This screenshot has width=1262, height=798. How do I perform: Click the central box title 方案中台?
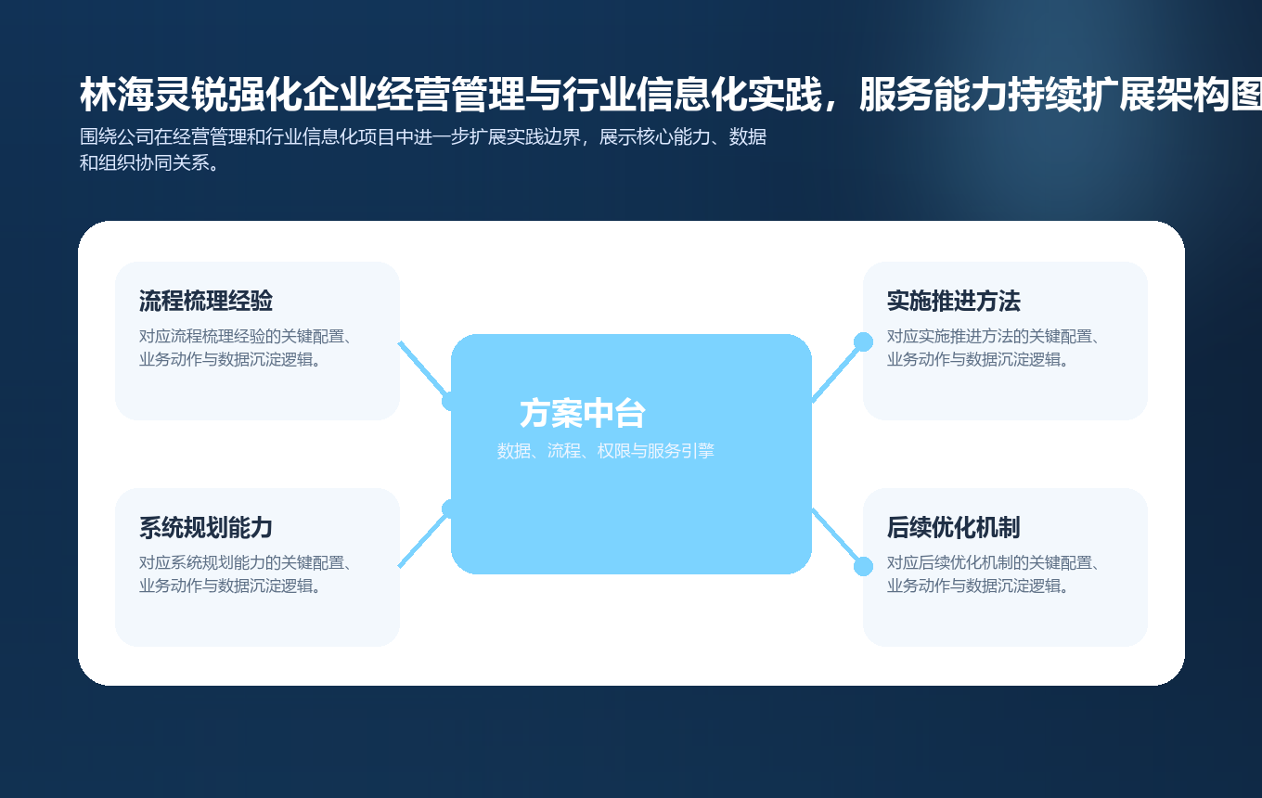pos(582,414)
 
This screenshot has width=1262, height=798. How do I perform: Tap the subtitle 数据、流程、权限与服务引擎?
pos(605,452)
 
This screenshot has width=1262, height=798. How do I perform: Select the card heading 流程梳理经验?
pos(205,302)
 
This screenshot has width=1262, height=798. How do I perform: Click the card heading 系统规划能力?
pos(205,528)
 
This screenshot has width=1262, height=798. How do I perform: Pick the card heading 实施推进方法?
pos(953,302)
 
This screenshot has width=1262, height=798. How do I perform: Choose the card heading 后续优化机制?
pos(953,528)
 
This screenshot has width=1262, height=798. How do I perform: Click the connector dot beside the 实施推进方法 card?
pos(863,341)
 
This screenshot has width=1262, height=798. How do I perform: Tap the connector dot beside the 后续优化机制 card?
pos(863,566)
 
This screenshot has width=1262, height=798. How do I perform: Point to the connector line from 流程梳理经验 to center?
pos(423,369)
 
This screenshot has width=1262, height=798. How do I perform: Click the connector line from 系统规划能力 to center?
pos(423,539)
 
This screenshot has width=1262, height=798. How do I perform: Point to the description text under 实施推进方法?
pos(992,348)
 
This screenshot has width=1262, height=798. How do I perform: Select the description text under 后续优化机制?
pos(992,574)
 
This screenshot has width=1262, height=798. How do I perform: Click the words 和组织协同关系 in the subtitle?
pos(144,163)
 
